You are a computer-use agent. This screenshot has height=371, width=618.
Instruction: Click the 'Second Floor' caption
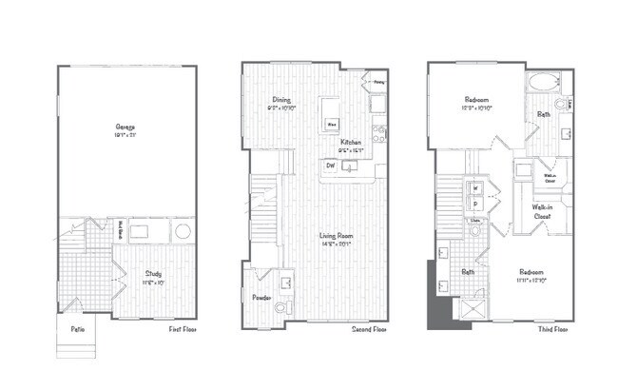click(367, 329)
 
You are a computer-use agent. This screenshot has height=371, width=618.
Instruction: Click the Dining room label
click(282, 99)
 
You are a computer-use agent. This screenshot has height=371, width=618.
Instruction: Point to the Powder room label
click(261, 298)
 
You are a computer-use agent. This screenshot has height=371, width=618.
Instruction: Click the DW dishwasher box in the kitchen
click(331, 166)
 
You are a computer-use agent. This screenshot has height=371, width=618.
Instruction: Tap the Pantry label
click(378, 82)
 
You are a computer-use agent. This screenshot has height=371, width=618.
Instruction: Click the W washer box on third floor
click(474, 187)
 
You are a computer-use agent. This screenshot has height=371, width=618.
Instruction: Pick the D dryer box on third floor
click(474, 204)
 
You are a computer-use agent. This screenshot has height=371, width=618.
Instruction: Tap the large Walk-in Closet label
click(542, 212)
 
